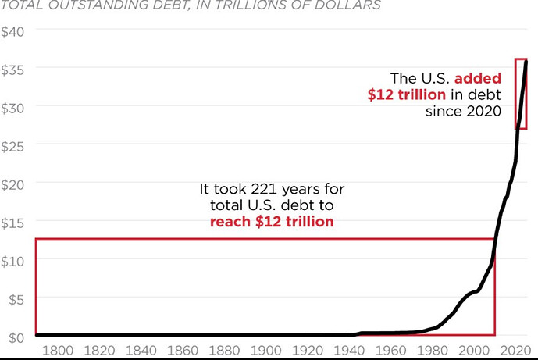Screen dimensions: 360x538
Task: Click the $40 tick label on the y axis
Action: click(13, 30)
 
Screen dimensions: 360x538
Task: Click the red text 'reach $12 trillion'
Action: click(272, 222)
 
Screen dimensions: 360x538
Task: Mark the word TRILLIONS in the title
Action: click(237, 6)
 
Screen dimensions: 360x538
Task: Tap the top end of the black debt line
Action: click(526, 62)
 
